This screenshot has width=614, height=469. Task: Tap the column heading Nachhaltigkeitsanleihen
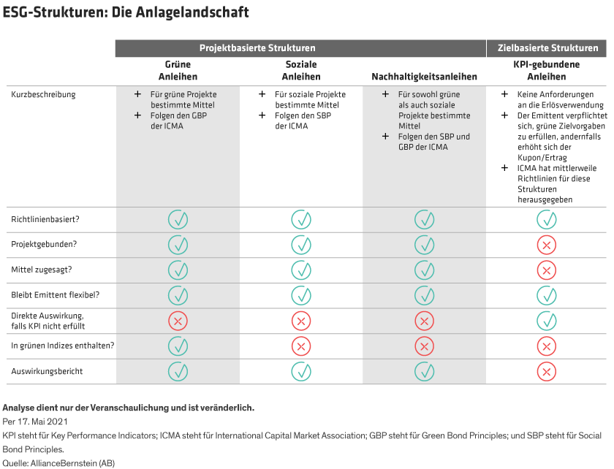[424, 77]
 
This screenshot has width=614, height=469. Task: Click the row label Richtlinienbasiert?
[45, 219]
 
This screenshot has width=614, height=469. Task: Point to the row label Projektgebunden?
[42, 245]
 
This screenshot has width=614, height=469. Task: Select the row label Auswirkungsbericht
[47, 371]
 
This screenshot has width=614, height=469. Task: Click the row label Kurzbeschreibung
[43, 94]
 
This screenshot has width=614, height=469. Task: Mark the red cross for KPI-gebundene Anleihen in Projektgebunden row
[546, 245]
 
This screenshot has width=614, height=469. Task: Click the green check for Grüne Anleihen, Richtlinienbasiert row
[178, 219]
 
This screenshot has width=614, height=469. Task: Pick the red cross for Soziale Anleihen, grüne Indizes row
[301, 346]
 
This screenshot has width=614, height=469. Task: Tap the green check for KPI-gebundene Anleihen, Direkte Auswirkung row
[546, 320]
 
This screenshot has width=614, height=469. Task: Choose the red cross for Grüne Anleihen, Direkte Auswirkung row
[178, 320]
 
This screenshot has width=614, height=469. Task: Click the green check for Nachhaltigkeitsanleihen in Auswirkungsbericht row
[424, 371]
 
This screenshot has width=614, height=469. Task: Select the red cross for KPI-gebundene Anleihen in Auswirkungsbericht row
[546, 371]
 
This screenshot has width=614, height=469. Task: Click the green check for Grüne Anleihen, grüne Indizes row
[178, 346]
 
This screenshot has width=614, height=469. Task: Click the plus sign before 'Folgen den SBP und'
[385, 137]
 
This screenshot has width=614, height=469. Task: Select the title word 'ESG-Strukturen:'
[54, 12]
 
